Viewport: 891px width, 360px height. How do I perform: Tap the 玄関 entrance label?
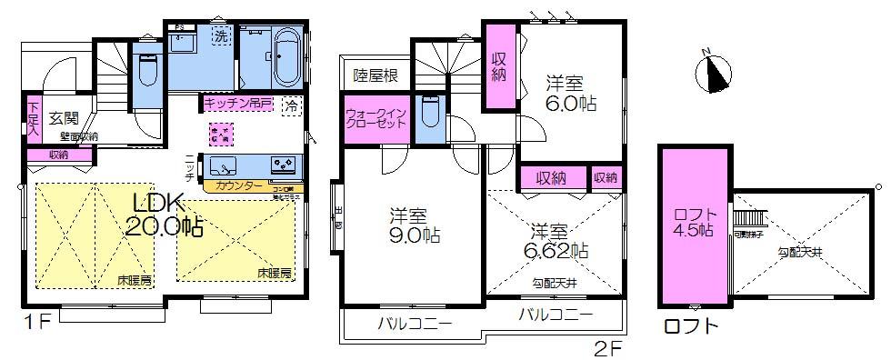pos(63,117)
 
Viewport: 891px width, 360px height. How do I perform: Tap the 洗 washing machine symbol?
pos(219,36)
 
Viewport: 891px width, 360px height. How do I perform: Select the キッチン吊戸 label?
pos(237,103)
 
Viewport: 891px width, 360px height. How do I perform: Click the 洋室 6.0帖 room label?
pos(570,92)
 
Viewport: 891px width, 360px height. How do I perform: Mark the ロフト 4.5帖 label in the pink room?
pos(695,221)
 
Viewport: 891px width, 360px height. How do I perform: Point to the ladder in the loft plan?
pos(748,217)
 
